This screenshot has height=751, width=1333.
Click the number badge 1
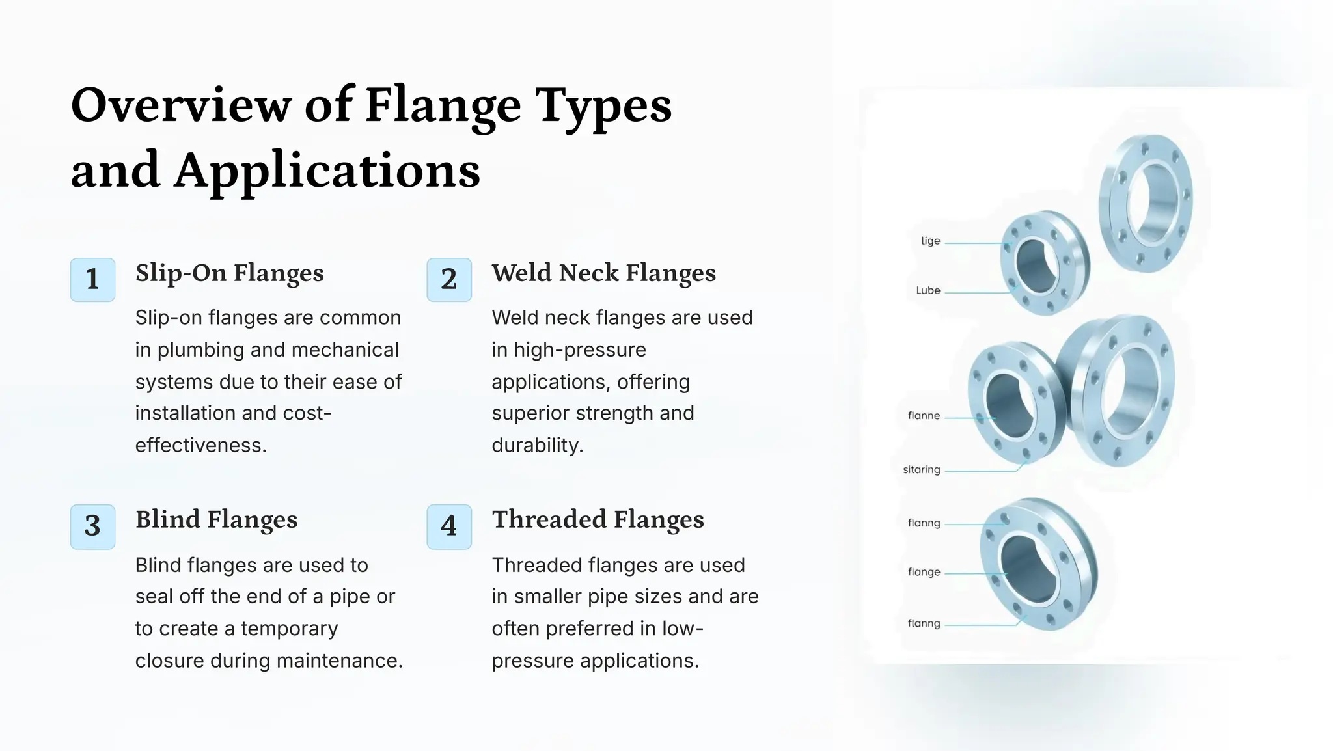92,280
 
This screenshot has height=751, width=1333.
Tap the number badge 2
448,280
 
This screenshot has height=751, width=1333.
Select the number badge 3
92,526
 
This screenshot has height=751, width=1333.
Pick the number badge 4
448,526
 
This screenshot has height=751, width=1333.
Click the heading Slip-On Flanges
229,273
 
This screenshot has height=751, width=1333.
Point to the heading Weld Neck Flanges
603,273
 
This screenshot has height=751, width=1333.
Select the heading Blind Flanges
216,520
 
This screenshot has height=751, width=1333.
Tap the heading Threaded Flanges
598,520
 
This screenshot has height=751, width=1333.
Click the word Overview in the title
181,105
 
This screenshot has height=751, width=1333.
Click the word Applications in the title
327,171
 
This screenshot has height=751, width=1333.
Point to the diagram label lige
930,241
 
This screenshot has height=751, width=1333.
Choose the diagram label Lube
928,291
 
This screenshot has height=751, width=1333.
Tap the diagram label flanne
924,416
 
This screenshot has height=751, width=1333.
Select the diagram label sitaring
921,470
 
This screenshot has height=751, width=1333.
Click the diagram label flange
924,572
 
